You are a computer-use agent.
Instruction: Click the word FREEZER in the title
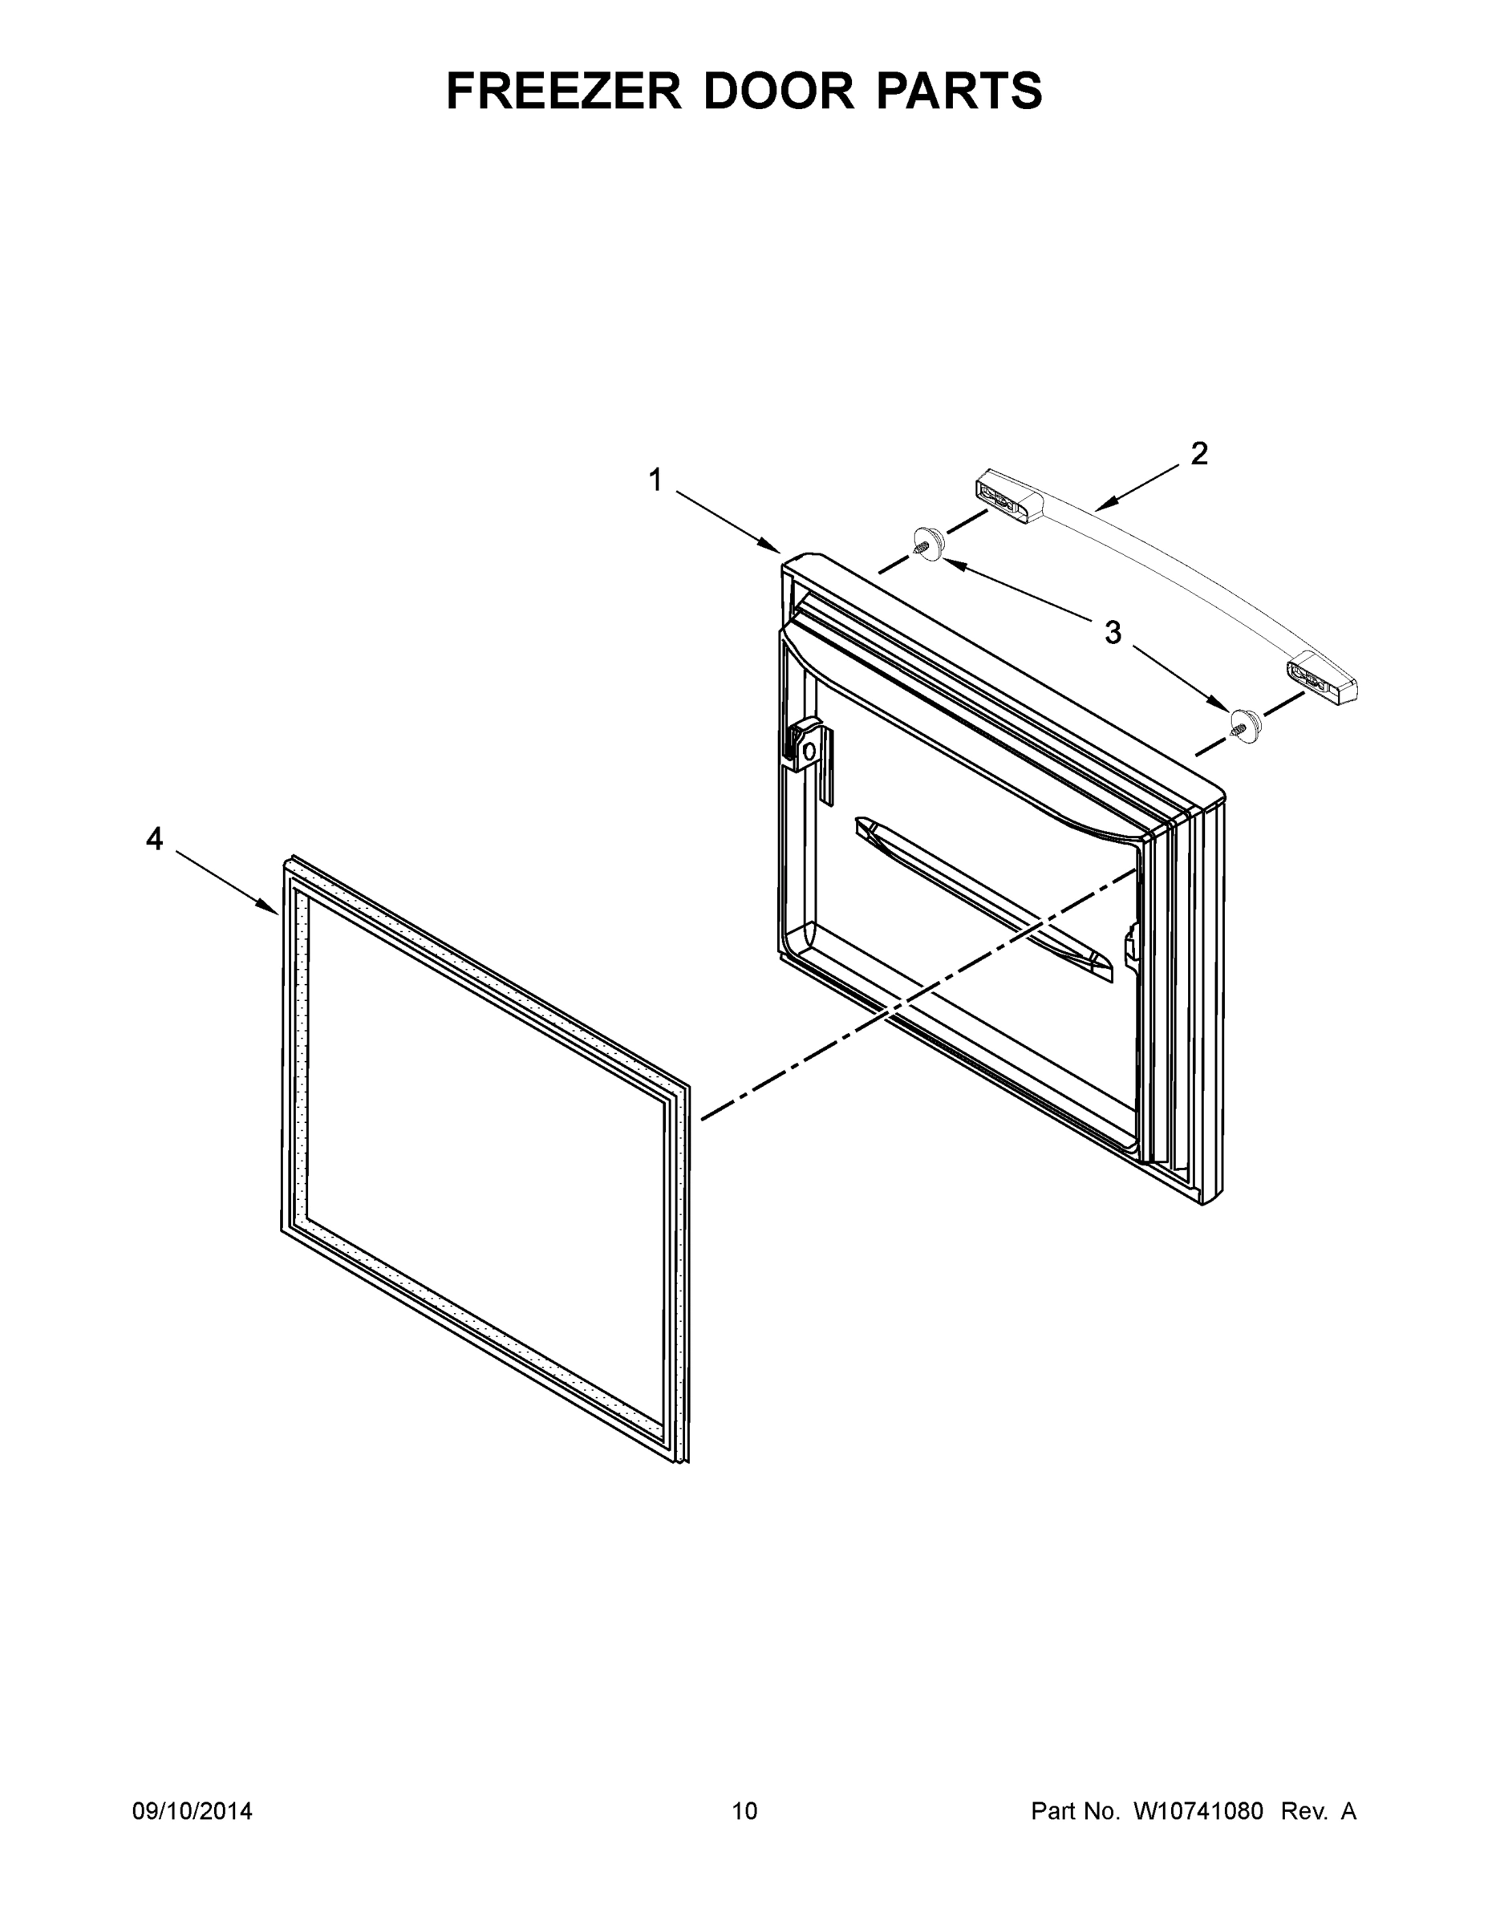click(564, 91)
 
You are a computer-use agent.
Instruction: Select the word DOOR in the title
click(778, 91)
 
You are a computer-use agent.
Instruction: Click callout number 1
click(655, 480)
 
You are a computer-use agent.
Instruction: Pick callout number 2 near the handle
click(1199, 454)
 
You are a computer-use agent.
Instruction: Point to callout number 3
click(1113, 632)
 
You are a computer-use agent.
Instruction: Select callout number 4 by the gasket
click(154, 839)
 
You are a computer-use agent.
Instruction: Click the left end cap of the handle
click(1008, 497)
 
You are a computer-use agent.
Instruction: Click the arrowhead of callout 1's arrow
click(776, 550)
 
